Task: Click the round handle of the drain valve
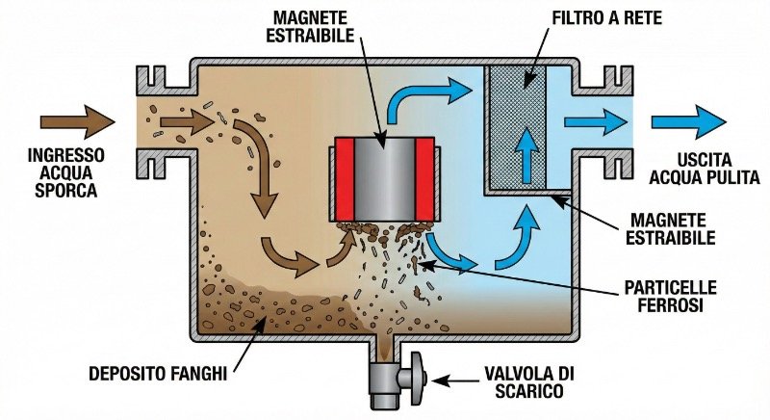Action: click(421, 371)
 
